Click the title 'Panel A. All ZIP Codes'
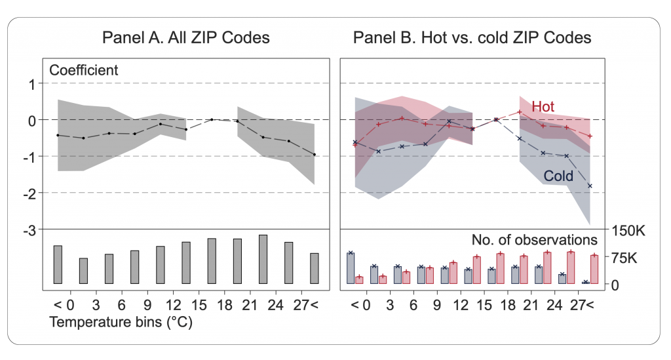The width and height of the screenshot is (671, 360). (x=185, y=37)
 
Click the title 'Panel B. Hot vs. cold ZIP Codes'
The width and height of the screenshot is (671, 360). (x=472, y=37)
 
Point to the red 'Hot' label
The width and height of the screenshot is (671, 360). (x=543, y=106)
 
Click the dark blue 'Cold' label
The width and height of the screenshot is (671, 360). (x=558, y=176)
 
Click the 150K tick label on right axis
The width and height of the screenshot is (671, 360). (x=628, y=230)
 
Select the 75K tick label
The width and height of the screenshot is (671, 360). (x=623, y=258)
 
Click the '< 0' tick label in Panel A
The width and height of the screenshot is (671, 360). (x=59, y=305)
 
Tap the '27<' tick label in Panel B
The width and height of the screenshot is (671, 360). (x=582, y=305)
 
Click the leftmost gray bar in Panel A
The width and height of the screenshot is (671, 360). (x=58, y=265)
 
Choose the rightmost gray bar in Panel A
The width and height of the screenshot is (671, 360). (x=314, y=268)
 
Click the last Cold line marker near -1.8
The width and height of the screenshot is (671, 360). (x=590, y=186)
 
